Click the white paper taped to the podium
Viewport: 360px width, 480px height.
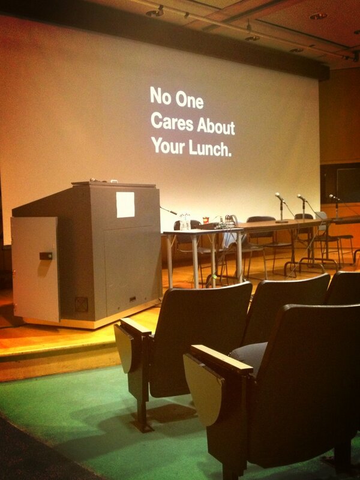125,205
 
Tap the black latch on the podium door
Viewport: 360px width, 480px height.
46,256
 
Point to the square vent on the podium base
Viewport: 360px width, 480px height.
81,304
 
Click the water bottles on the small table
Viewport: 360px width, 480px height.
185,222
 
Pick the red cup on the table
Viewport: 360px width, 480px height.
206,220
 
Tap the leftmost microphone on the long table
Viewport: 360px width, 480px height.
280,198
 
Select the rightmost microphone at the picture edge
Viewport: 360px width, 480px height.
334,198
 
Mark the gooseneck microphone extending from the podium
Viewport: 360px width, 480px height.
169,210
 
